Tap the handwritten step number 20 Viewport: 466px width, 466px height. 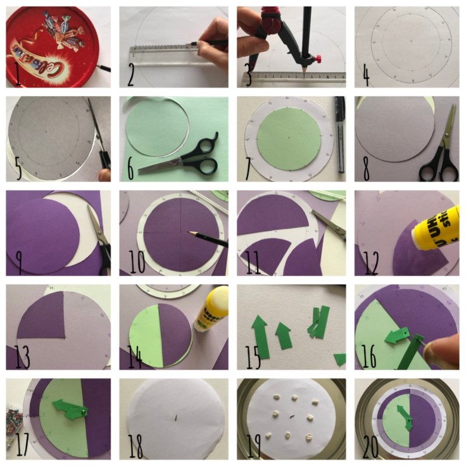(371, 446)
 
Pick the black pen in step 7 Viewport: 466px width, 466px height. (339, 136)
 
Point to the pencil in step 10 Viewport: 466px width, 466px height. (209, 239)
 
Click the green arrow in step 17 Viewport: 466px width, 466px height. (68, 408)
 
